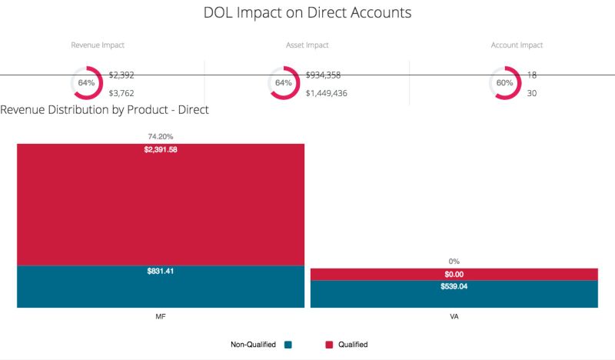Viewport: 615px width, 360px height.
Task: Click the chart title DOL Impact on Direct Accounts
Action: click(x=307, y=13)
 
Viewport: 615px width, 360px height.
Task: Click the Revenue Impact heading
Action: click(x=98, y=45)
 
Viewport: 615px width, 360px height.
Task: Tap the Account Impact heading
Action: click(x=517, y=45)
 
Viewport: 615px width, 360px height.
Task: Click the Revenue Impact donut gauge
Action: click(x=86, y=83)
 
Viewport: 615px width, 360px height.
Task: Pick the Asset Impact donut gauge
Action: click(x=284, y=83)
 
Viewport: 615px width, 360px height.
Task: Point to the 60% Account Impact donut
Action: click(x=504, y=83)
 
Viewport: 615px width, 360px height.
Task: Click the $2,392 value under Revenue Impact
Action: click(x=121, y=75)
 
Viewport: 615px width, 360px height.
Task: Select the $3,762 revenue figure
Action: click(x=121, y=93)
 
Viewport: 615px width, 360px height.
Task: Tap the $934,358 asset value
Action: click(x=323, y=75)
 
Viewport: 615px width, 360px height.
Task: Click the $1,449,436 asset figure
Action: click(x=327, y=93)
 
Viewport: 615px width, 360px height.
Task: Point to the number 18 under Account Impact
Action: click(x=532, y=75)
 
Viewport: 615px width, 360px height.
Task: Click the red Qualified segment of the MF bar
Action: click(x=161, y=208)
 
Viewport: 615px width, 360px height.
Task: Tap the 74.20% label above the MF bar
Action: click(x=161, y=136)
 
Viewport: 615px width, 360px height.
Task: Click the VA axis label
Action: click(x=454, y=316)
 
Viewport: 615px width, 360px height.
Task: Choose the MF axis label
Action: click(x=161, y=316)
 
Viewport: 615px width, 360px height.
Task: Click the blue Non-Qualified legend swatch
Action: click(x=288, y=345)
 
